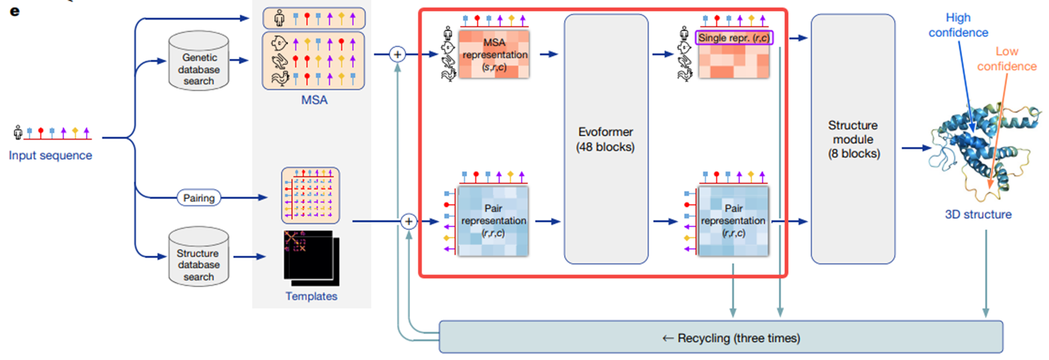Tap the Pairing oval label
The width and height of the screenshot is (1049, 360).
pos(199,198)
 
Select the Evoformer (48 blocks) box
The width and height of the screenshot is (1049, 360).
pos(606,139)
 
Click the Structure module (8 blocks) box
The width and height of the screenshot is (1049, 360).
pos(853,139)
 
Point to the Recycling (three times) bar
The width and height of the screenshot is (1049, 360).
pos(721,338)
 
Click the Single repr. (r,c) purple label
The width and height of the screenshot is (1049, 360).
pos(734,38)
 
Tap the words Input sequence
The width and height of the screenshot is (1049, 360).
pos(51,156)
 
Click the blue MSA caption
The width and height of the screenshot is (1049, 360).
pos(314,100)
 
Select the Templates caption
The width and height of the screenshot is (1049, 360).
pos(312,296)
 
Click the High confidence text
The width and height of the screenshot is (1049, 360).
pos(958,25)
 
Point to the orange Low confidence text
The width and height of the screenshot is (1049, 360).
pos(1007,59)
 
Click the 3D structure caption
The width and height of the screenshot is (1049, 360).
pos(978,214)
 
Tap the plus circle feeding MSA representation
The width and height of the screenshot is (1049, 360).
pos(398,54)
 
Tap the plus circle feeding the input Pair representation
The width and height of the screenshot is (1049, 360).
pos(409,221)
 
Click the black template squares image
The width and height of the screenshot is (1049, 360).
pos(311,258)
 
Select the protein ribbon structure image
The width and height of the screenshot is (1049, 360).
pos(979,147)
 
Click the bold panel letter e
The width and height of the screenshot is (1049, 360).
pos(15,11)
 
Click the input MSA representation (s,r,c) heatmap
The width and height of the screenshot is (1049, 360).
pos(494,54)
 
